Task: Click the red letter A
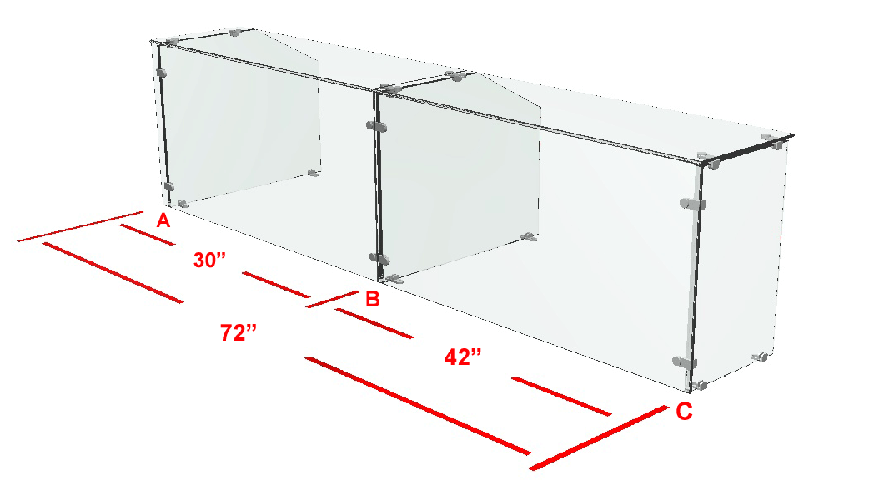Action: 163,220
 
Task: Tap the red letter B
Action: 372,299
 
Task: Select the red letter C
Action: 684,412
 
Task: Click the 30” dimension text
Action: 209,260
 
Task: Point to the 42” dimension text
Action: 463,357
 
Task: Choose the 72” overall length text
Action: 239,332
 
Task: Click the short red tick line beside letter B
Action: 332,299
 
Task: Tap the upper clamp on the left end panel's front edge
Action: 162,73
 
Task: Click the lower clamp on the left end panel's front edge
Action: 168,186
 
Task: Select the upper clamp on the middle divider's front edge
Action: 377,126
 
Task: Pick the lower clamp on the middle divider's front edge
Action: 379,258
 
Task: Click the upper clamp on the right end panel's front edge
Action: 692,204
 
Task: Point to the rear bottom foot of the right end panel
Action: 760,357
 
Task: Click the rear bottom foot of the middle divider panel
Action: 529,237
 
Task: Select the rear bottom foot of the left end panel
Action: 313,173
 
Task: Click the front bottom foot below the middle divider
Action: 394,278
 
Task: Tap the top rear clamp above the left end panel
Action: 235,33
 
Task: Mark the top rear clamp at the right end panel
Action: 773,141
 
